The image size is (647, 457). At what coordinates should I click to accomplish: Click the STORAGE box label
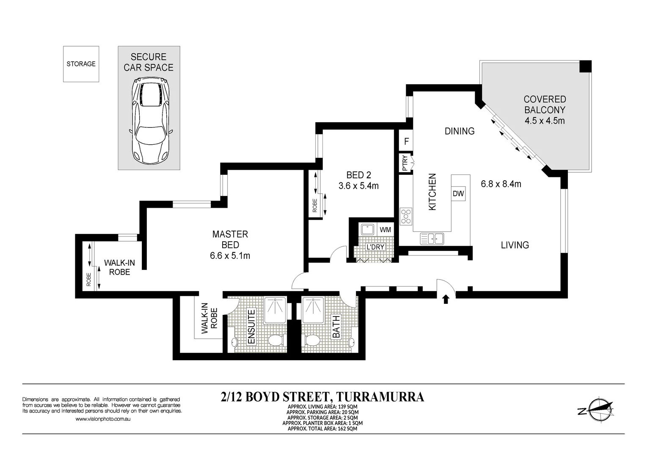tap(81, 64)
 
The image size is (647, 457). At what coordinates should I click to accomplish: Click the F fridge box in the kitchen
tap(406, 142)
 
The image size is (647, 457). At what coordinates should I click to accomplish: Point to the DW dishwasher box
tap(458, 193)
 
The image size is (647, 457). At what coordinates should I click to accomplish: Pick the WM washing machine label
tap(385, 230)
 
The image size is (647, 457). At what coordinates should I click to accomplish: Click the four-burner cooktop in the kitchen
tap(406, 216)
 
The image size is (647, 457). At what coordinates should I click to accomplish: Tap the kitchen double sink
tap(432, 238)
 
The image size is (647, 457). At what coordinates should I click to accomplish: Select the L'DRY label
tap(375, 247)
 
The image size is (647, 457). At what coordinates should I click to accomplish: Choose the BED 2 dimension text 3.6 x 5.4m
tap(358, 186)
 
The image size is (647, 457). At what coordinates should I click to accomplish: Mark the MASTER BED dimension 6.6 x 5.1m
tap(230, 256)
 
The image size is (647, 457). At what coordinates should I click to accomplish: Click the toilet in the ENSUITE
tap(276, 340)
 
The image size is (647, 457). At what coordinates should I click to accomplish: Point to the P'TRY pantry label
tap(405, 163)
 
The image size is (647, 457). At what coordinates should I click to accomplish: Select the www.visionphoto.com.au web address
tap(103, 419)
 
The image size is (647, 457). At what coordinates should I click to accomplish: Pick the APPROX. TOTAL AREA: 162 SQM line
tap(322, 429)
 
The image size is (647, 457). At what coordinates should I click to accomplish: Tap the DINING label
tap(460, 131)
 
